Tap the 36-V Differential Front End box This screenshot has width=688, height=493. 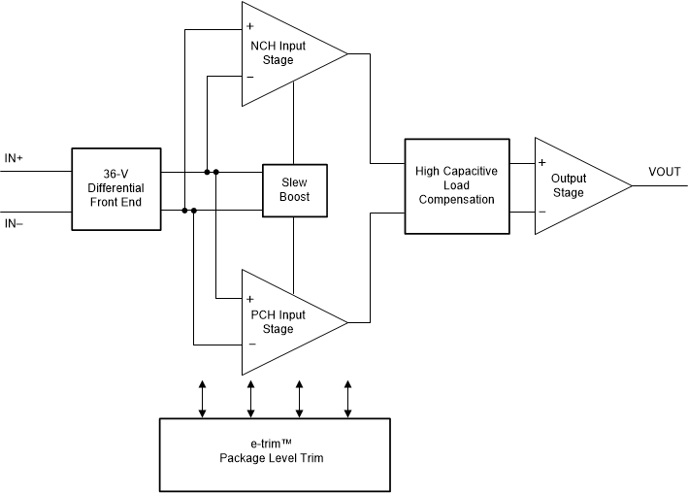pos(115,189)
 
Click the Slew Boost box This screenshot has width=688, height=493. pos(295,190)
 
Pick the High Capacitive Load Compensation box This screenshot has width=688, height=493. pos(456,185)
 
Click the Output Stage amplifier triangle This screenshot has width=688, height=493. pos(573,185)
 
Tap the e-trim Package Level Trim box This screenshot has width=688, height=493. pos(275,454)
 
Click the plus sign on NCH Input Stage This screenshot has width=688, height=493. pos(249,26)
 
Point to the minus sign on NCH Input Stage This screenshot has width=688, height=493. pos(249,77)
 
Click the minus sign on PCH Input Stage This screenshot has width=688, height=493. pos(249,344)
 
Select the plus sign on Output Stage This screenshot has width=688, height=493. pos(542,162)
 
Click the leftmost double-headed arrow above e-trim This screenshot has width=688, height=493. pos(202,399)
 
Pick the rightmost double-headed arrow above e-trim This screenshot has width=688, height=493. pos(347,399)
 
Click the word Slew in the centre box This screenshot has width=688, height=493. pos(295,182)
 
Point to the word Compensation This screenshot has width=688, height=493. pos(456,199)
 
